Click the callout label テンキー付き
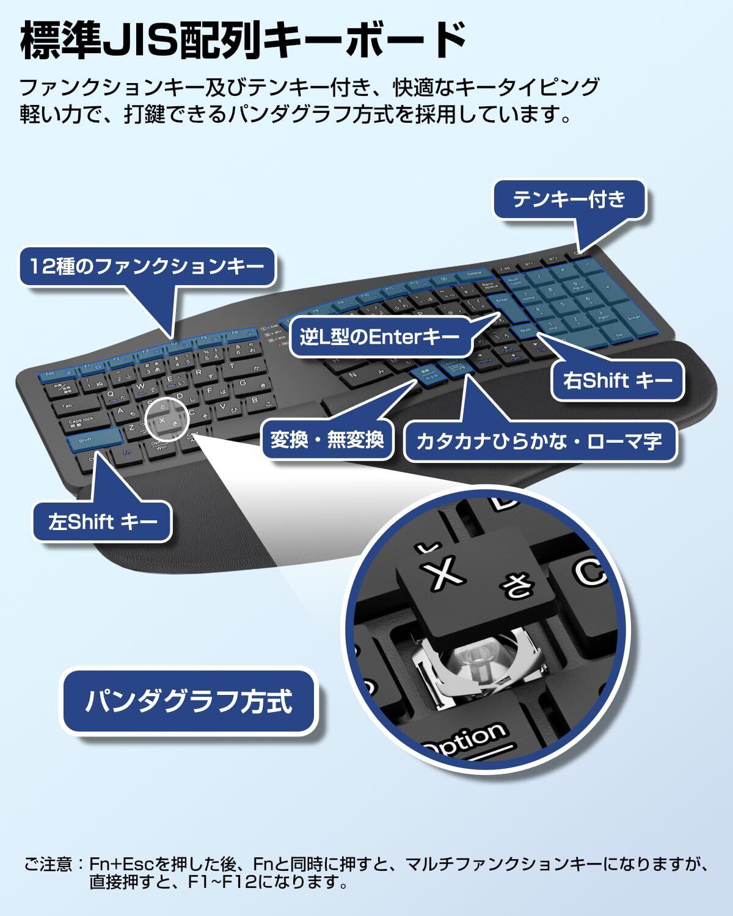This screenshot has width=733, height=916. coord(569,199)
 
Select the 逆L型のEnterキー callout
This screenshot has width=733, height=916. coord(379,336)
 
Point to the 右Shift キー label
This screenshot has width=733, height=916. coord(618,381)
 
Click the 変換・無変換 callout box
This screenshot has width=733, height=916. coord(327,439)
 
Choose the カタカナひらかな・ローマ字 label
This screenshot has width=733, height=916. coord(539,440)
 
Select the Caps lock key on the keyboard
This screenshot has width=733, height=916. coord(81,421)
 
